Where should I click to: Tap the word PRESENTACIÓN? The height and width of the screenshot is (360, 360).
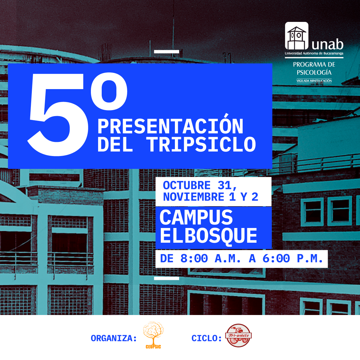click(170, 126)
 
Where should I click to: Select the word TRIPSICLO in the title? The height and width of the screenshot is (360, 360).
click(201, 145)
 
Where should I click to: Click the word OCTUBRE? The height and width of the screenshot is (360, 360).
click(187, 186)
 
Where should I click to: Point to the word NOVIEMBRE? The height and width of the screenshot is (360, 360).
click(193, 197)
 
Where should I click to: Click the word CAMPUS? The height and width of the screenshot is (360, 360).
click(196, 217)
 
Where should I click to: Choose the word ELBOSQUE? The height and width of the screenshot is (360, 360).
click(208, 236)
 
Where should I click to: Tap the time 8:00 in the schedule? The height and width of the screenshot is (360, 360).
click(194, 259)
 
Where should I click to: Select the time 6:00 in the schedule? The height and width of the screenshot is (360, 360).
click(276, 259)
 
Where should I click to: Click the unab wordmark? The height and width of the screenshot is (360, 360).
click(327, 45)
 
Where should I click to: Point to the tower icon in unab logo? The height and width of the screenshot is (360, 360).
click(296, 36)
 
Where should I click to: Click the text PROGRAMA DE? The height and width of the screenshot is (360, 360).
click(314, 64)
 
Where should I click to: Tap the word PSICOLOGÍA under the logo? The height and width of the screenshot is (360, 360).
click(314, 73)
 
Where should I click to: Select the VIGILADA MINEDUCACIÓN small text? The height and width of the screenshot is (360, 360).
click(314, 81)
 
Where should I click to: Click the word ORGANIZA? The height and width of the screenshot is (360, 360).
click(114, 338)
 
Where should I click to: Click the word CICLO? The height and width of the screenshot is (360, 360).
click(206, 338)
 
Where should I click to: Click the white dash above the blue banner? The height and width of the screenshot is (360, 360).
click(166, 52)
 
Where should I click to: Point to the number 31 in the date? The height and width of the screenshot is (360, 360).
click(225, 186)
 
